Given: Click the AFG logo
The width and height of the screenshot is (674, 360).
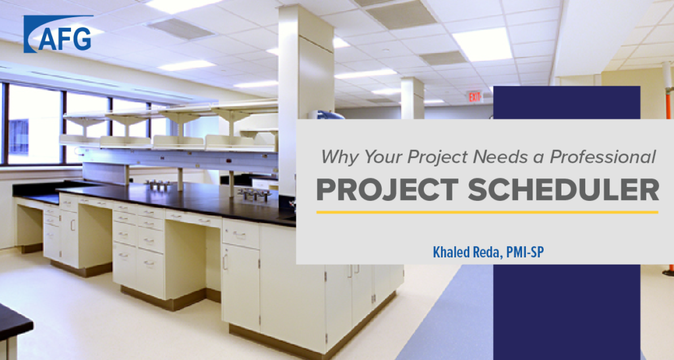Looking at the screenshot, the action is coord(58,34).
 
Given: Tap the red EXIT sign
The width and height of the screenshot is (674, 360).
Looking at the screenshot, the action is coord(475,97).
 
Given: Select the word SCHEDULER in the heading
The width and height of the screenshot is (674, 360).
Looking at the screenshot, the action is coord(563,190).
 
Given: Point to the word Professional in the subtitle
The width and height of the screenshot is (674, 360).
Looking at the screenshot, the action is coord(603,157).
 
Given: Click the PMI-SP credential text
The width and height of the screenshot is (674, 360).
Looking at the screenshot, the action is coord(525,252).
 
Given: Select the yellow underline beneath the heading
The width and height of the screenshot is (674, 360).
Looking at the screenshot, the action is coord(487,212).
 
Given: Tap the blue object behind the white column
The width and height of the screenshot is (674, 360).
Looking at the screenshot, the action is coord(328,115).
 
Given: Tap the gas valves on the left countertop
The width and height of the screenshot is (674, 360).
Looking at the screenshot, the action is coord(157,185).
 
